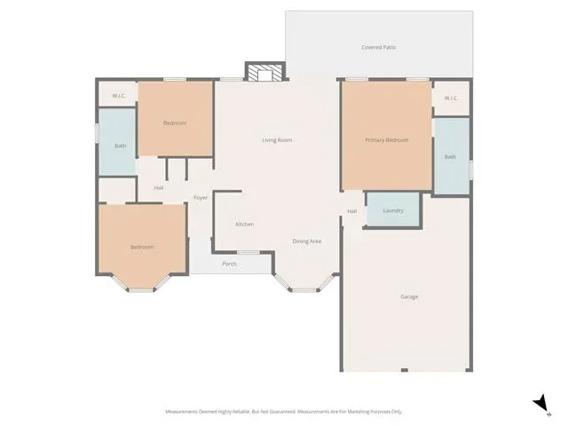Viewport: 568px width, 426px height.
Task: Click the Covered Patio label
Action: pos(379,47)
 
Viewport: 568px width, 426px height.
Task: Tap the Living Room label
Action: pos(277,140)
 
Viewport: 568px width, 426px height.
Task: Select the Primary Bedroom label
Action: pos(387,140)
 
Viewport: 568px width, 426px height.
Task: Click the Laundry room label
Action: pos(393,210)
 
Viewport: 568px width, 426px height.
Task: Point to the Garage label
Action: pos(409,296)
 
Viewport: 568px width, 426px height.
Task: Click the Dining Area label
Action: pos(307,241)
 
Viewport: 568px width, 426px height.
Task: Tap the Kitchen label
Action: pos(245,225)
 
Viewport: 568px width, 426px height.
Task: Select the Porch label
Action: pos(229,264)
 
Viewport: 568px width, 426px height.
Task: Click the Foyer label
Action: pos(201,197)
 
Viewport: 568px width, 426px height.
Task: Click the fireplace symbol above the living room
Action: pos(265,72)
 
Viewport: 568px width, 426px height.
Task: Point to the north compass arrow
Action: pos(541,403)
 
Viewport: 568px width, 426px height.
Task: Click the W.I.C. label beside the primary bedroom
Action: pos(451,99)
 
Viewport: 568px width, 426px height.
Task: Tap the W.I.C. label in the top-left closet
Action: pos(119,96)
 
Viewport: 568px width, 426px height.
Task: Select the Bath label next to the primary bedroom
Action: pos(450,157)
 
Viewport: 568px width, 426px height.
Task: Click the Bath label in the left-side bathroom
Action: pos(121,146)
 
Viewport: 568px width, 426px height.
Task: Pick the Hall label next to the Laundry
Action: pos(352,211)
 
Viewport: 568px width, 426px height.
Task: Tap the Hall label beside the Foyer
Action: pos(159,188)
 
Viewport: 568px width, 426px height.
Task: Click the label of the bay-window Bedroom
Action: pos(142,247)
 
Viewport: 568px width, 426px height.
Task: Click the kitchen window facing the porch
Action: pos(248,252)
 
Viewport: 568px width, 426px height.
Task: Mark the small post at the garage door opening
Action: pos(405,370)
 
